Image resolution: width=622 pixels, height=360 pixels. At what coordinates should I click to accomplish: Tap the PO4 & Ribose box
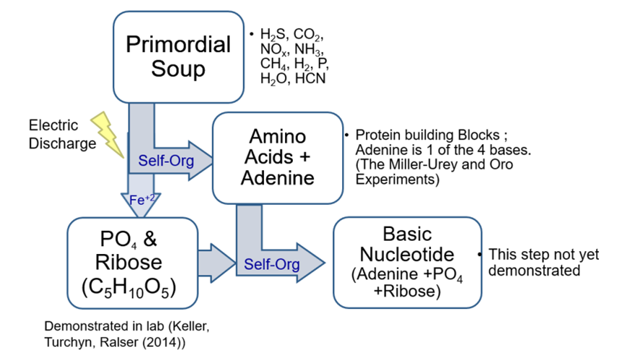coord(132,260)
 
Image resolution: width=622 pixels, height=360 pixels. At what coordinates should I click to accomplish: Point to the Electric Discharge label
coord(62,133)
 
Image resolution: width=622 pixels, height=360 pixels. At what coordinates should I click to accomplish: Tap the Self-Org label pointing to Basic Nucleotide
coord(270,265)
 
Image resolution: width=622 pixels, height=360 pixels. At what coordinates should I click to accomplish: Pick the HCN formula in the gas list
coord(310,78)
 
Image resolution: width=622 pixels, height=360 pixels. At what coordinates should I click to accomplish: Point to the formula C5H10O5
coord(132,286)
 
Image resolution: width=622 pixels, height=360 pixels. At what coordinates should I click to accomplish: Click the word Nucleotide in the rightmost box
coord(407,255)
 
